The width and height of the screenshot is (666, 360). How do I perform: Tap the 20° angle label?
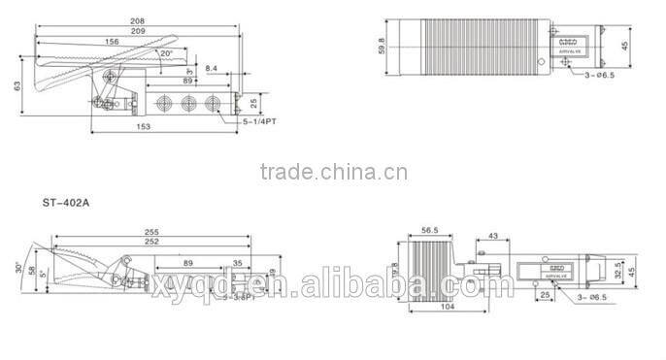pos(166,53)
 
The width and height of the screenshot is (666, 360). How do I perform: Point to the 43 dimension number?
pos(493,237)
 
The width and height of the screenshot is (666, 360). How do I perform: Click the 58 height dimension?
pos(31,271)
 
